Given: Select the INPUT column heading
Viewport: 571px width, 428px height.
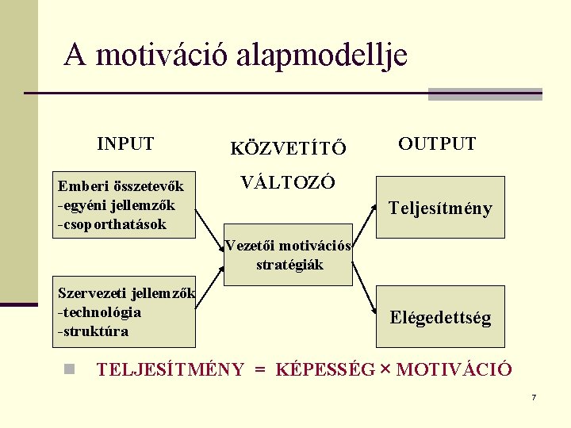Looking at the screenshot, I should point(125,143).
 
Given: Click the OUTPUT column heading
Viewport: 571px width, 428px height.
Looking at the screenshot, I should point(437,143).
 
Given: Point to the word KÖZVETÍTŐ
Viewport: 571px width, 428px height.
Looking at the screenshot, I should point(288,147).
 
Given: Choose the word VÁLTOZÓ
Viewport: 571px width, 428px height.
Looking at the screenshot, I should point(288,182).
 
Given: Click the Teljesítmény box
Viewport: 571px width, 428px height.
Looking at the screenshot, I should point(440,208).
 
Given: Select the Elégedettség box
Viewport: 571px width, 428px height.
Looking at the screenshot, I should point(440,318).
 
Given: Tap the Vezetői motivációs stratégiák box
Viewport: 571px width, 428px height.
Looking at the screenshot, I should point(289,254).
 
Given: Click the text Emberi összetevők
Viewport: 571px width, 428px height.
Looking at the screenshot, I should point(121,186).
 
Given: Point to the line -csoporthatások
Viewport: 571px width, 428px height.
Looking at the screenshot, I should point(112,224).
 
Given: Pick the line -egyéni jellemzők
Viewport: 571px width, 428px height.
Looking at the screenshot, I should point(116,205).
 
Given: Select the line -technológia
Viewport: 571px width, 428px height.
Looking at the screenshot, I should point(99,311).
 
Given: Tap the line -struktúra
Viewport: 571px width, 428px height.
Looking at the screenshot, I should point(93,331).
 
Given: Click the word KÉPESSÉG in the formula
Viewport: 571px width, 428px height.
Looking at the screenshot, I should point(324,369).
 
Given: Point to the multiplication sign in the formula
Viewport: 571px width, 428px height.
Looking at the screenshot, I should point(385,369).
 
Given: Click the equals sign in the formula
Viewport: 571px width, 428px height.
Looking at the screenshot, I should point(259,369).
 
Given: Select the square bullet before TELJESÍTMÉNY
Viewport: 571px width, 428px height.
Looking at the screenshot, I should point(70,369).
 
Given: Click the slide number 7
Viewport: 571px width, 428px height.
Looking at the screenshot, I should point(534,396).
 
